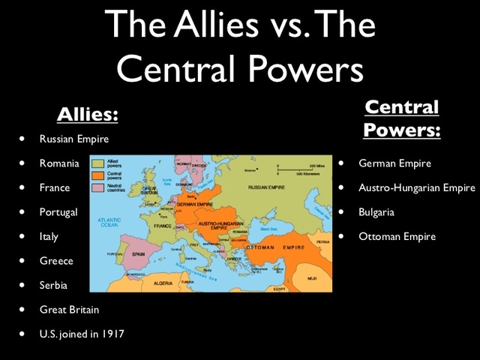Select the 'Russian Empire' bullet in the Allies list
(x=74, y=139)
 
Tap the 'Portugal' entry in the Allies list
(x=58, y=212)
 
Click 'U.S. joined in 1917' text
(x=82, y=334)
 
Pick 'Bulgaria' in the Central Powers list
(x=376, y=212)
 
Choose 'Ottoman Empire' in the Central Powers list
(x=397, y=236)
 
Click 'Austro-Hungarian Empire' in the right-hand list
(x=417, y=187)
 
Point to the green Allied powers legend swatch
(x=97, y=162)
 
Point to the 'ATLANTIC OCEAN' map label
(x=109, y=222)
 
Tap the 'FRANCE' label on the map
(x=163, y=225)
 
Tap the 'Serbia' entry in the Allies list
(x=54, y=285)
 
